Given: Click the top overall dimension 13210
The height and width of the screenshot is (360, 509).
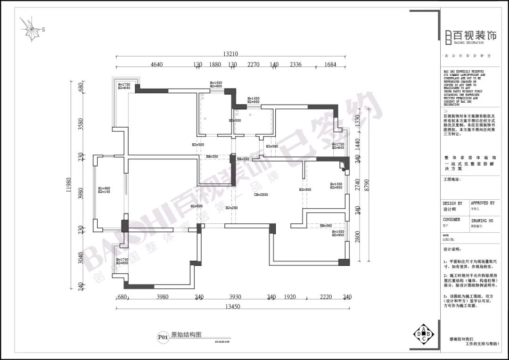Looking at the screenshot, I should coord(231,54).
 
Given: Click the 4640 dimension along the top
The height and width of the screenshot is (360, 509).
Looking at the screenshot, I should coord(156,65).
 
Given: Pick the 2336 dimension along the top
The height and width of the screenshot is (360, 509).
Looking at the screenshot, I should coord(296,65).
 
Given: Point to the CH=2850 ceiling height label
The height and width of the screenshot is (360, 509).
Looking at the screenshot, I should coord(261,195).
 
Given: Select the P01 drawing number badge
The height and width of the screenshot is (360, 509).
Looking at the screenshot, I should coord(163,337).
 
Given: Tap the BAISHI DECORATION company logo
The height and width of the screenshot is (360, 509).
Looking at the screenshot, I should coord(471,36).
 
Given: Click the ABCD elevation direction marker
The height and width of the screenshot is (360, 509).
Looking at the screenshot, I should coord(423,334).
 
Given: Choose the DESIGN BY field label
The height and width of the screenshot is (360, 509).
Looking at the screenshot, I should coord(452,204).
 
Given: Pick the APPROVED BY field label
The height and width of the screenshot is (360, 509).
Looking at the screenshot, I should coord(483,203).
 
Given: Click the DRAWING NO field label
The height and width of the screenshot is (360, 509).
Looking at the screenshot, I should coord(482,220).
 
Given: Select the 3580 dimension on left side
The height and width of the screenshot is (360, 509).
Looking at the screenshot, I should coord(81,123).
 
